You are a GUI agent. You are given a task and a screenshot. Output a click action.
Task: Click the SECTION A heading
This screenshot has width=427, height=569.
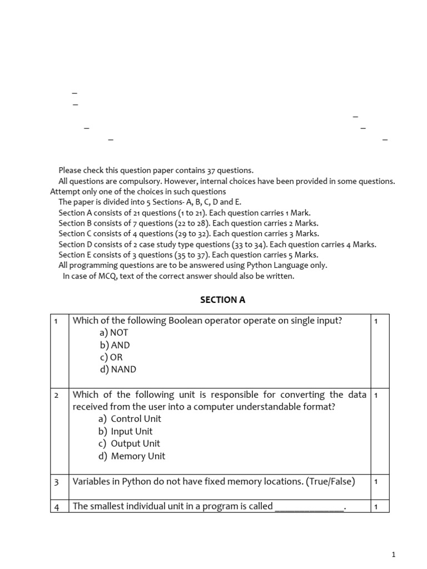[222, 300]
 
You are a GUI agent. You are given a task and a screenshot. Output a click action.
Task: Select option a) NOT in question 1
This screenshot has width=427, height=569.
[114, 333]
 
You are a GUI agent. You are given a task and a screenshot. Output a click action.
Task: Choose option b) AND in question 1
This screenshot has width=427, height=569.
[115, 345]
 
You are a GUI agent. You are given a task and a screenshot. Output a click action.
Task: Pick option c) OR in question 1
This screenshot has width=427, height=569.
[112, 357]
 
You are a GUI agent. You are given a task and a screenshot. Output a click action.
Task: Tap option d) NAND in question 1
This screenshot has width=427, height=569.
[118, 370]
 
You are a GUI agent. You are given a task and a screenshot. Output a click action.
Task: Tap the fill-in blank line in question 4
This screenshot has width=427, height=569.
[309, 507]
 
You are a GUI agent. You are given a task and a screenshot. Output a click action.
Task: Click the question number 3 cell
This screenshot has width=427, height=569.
[57, 482]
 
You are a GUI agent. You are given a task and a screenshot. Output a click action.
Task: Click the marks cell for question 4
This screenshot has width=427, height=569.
[376, 507]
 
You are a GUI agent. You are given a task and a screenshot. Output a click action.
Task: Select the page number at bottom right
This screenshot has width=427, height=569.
[394, 555]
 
